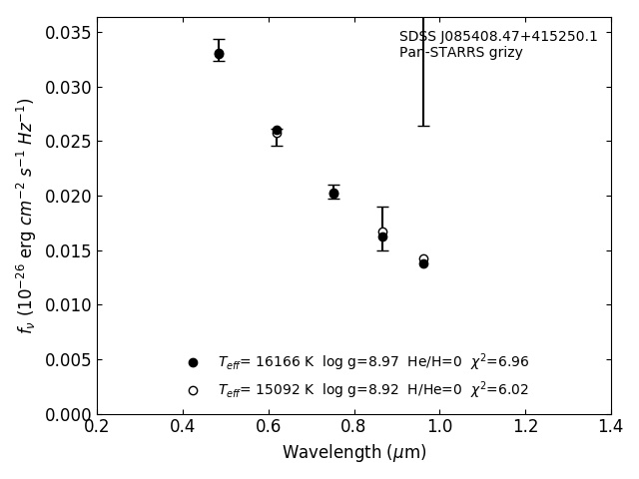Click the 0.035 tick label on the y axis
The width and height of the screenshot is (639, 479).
pos(67,33)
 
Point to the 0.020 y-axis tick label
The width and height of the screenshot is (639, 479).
pos(67,197)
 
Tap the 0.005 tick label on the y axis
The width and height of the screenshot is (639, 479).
pos(67,360)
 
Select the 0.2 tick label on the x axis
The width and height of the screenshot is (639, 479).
pos(97,427)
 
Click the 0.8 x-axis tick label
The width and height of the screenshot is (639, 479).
pos(354,427)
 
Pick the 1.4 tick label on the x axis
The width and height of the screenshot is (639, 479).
pos(611,427)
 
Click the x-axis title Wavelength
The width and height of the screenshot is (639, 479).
pos(353,453)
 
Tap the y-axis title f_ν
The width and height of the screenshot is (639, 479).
pos(26,216)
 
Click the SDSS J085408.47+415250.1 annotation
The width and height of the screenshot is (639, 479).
pos(498,37)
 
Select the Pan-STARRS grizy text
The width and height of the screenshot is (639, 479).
pos(461,53)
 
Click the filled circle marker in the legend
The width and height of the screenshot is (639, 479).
pos(193,362)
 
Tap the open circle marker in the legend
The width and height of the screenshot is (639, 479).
pos(193,390)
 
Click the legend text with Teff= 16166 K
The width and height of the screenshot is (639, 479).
pos(373,362)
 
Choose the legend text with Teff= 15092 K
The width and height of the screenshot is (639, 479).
pos(373,390)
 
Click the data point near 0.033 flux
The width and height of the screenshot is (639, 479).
pos(219,54)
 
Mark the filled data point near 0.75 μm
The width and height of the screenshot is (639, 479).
pos(333,194)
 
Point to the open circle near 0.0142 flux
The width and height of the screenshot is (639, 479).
pos(423,259)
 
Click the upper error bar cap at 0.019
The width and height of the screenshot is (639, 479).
pos(382,207)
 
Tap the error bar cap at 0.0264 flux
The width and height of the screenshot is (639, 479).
pos(423,126)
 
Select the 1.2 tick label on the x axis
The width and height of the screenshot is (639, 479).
pos(525,427)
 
